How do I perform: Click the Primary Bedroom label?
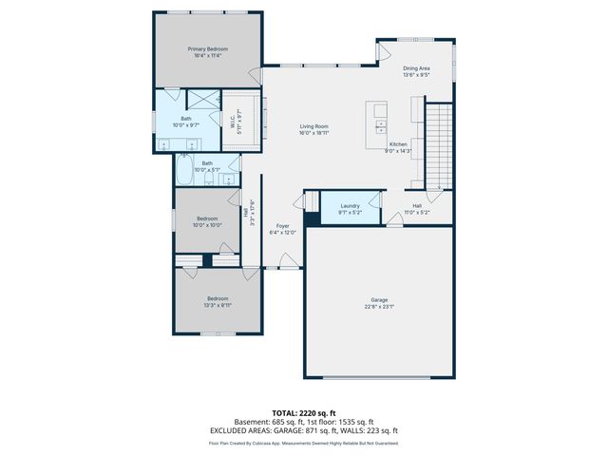click(207, 48)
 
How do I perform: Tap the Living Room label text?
click(314, 126)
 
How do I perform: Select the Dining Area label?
click(416, 68)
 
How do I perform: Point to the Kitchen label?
click(397, 144)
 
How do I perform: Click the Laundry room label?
click(350, 206)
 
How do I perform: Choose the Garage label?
click(379, 300)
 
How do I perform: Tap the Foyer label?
click(282, 226)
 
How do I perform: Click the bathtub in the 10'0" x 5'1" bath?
click(184, 171)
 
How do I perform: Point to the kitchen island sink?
click(381, 123)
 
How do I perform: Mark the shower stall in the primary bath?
click(203, 99)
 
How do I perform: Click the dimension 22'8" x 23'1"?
click(379, 307)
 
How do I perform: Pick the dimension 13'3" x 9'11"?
click(218, 306)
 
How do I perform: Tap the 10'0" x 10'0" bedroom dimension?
click(207, 225)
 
